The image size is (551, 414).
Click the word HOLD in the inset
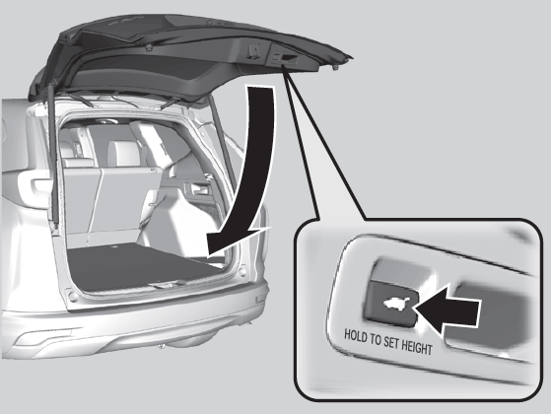354,335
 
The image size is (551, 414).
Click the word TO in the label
374,339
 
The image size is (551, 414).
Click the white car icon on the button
395,304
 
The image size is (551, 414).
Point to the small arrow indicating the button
446,310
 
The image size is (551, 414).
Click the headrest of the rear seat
117,152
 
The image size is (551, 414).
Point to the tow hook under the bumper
161,346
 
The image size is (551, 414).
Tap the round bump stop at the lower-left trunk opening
73,297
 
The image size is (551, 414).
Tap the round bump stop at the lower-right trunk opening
242,272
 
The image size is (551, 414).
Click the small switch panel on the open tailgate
284,58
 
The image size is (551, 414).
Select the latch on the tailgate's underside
253,50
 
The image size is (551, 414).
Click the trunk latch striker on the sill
163,286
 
